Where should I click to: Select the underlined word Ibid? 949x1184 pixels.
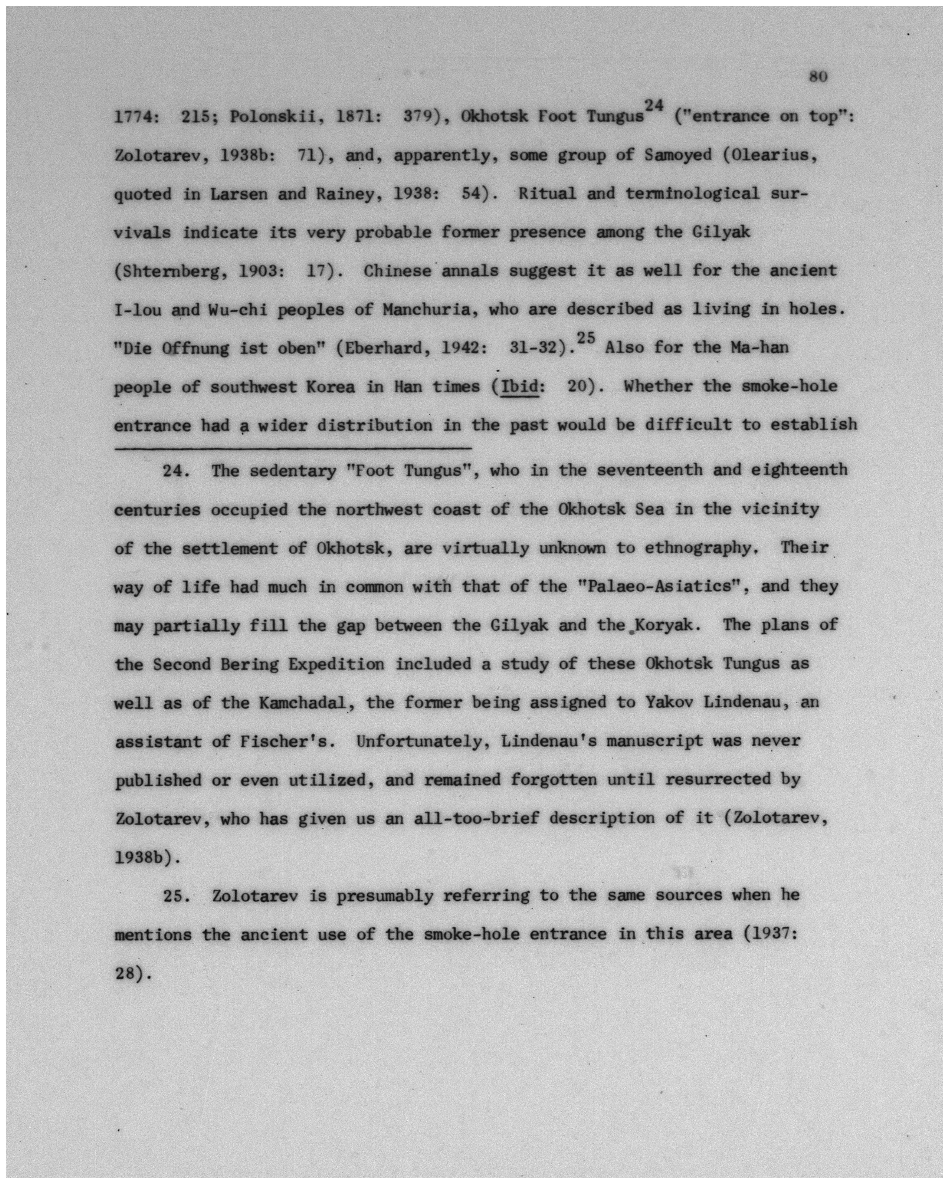(x=518, y=387)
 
